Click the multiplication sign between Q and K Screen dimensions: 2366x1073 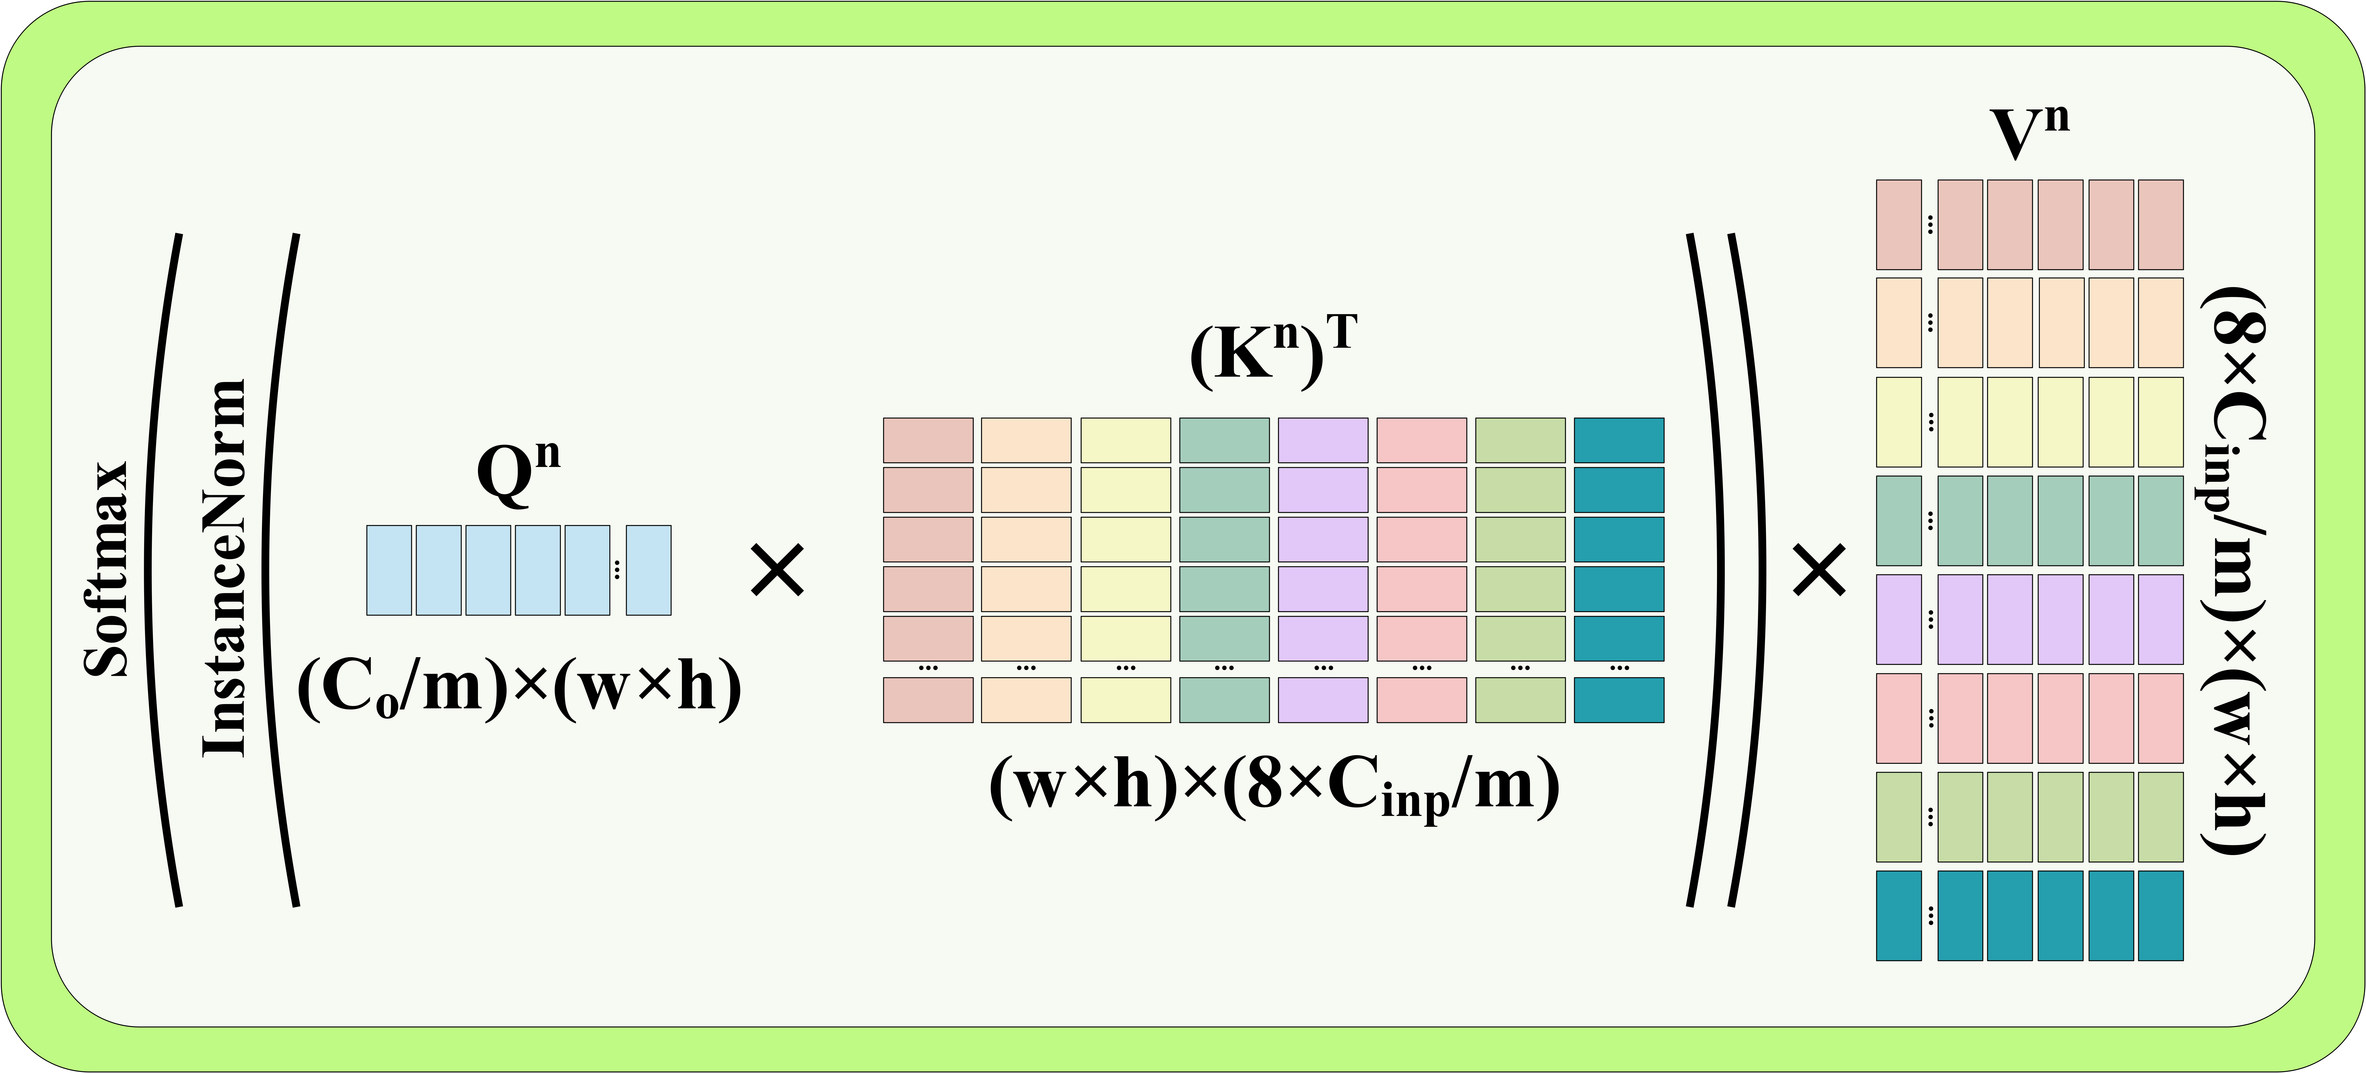tap(777, 570)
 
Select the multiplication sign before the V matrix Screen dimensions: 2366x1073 tap(1819, 570)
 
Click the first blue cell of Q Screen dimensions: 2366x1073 tap(388, 570)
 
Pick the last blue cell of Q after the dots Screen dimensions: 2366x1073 tap(649, 570)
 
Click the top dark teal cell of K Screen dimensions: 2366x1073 tap(1618, 440)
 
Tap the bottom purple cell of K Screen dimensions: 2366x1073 tap(1323, 700)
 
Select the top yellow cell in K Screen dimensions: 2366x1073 tap(1125, 440)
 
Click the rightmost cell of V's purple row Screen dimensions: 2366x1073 tap(2160, 619)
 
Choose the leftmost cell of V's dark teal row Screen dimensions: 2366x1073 tap(1898, 915)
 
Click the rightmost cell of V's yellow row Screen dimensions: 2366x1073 tap(2160, 422)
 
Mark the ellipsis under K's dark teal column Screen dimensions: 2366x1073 tap(1618, 668)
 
